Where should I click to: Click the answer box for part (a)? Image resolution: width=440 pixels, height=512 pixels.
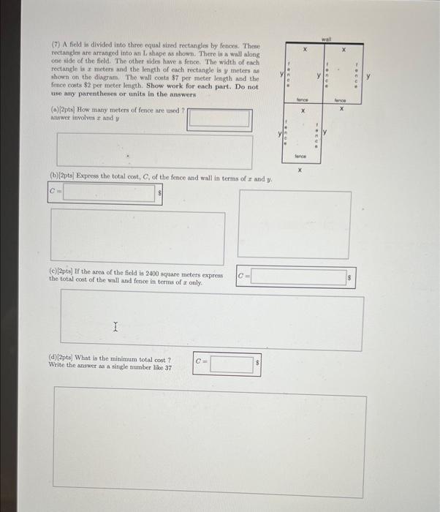(x=219, y=118)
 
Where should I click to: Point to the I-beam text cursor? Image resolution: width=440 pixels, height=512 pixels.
(x=115, y=328)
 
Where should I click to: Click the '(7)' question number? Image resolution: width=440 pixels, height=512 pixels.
(x=56, y=45)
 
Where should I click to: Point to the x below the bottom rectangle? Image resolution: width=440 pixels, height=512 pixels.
(x=300, y=169)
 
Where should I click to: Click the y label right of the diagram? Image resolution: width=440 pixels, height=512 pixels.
(x=368, y=75)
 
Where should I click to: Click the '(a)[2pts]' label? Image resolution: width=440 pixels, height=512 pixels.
(x=63, y=109)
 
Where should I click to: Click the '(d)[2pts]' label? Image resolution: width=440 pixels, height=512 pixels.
(x=63, y=359)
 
